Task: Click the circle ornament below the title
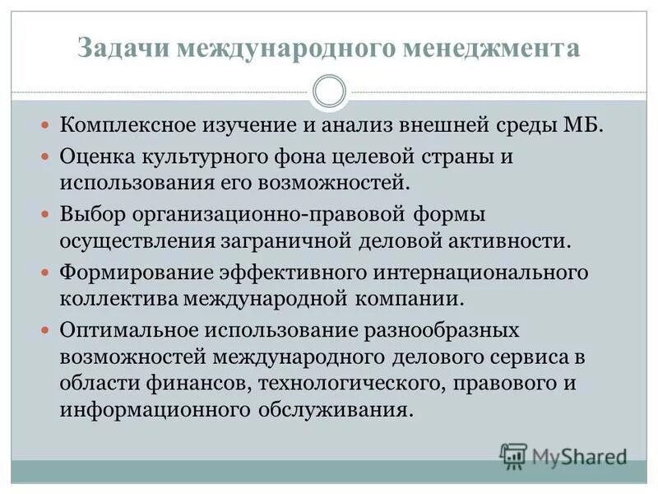click(329, 91)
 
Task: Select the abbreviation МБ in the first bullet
click(585, 127)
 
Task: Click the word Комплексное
click(124, 127)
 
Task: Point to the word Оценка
click(90, 156)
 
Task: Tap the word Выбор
click(86, 214)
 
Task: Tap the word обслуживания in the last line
click(339, 409)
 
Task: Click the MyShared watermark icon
click(512, 455)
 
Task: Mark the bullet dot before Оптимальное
click(46, 330)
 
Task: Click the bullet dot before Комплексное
click(46, 127)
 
